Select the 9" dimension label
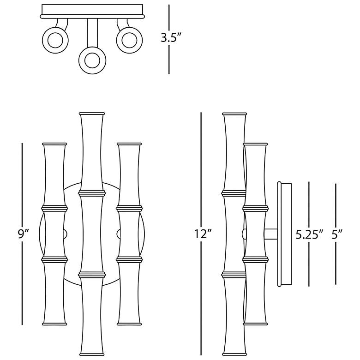click(x=24, y=234)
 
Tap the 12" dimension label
click(x=203, y=234)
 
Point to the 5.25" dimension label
click(x=309, y=234)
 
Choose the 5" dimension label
click(x=336, y=234)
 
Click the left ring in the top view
click(x=55, y=40)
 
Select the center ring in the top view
click(x=92, y=60)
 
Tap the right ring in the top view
click(x=129, y=40)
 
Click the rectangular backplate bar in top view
click(x=92, y=11)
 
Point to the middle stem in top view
click(x=92, y=33)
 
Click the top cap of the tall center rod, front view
click(x=92, y=114)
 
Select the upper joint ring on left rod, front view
click(x=54, y=208)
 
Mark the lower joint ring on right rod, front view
click(x=129, y=260)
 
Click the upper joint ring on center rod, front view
click(x=92, y=193)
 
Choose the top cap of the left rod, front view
click(x=54, y=144)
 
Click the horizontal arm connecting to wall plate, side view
click(x=271, y=234)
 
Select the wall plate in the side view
click(x=284, y=234)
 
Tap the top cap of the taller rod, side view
click(x=234, y=114)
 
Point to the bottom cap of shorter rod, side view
click(x=255, y=324)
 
